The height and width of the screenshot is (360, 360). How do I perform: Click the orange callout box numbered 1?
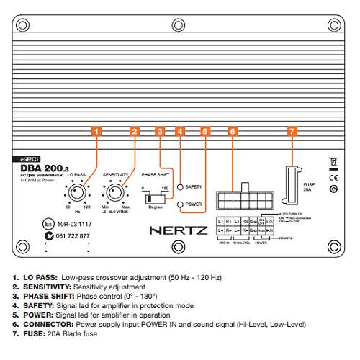(97, 132)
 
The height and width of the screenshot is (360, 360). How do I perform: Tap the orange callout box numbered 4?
(180, 132)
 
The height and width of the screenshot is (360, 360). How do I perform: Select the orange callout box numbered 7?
(292, 132)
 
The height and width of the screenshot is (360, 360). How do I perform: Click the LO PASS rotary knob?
(77, 193)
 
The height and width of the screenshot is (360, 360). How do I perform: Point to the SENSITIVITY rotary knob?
(115, 193)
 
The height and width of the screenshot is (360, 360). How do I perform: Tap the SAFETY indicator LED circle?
(181, 186)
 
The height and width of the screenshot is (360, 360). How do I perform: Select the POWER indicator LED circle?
(181, 204)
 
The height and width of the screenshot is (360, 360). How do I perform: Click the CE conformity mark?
(333, 177)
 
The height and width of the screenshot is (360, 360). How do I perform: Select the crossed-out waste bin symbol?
(333, 161)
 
